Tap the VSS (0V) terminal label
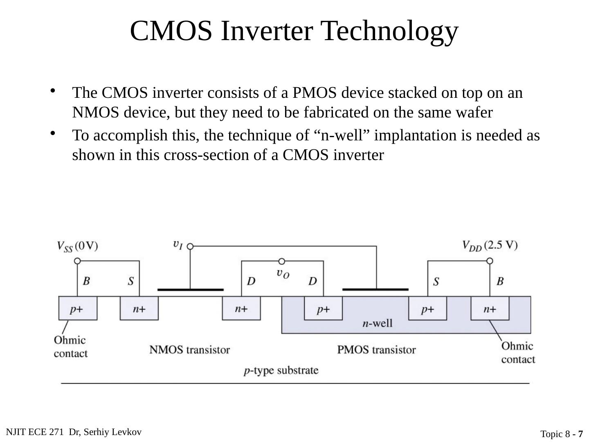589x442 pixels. coord(77,246)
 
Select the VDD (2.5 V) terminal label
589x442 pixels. coord(490,246)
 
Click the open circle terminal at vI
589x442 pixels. coord(190,246)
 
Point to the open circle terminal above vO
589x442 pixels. coord(281,262)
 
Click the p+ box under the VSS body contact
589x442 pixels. coord(78,308)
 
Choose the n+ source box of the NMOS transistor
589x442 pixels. coord(139,308)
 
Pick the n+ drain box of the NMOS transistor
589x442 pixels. coord(241,308)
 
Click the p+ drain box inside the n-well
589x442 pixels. coord(323,308)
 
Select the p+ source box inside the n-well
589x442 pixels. coord(428,308)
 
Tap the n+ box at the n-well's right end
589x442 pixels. coord(490,308)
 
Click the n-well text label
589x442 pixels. coord(377,324)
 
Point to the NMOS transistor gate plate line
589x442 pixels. coord(191,290)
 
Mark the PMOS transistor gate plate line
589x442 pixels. coord(375,289)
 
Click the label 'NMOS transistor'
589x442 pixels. coord(189,350)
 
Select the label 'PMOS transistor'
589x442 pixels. coord(376,350)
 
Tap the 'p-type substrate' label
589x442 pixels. coord(281,371)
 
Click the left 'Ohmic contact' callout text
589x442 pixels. coord(70,347)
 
